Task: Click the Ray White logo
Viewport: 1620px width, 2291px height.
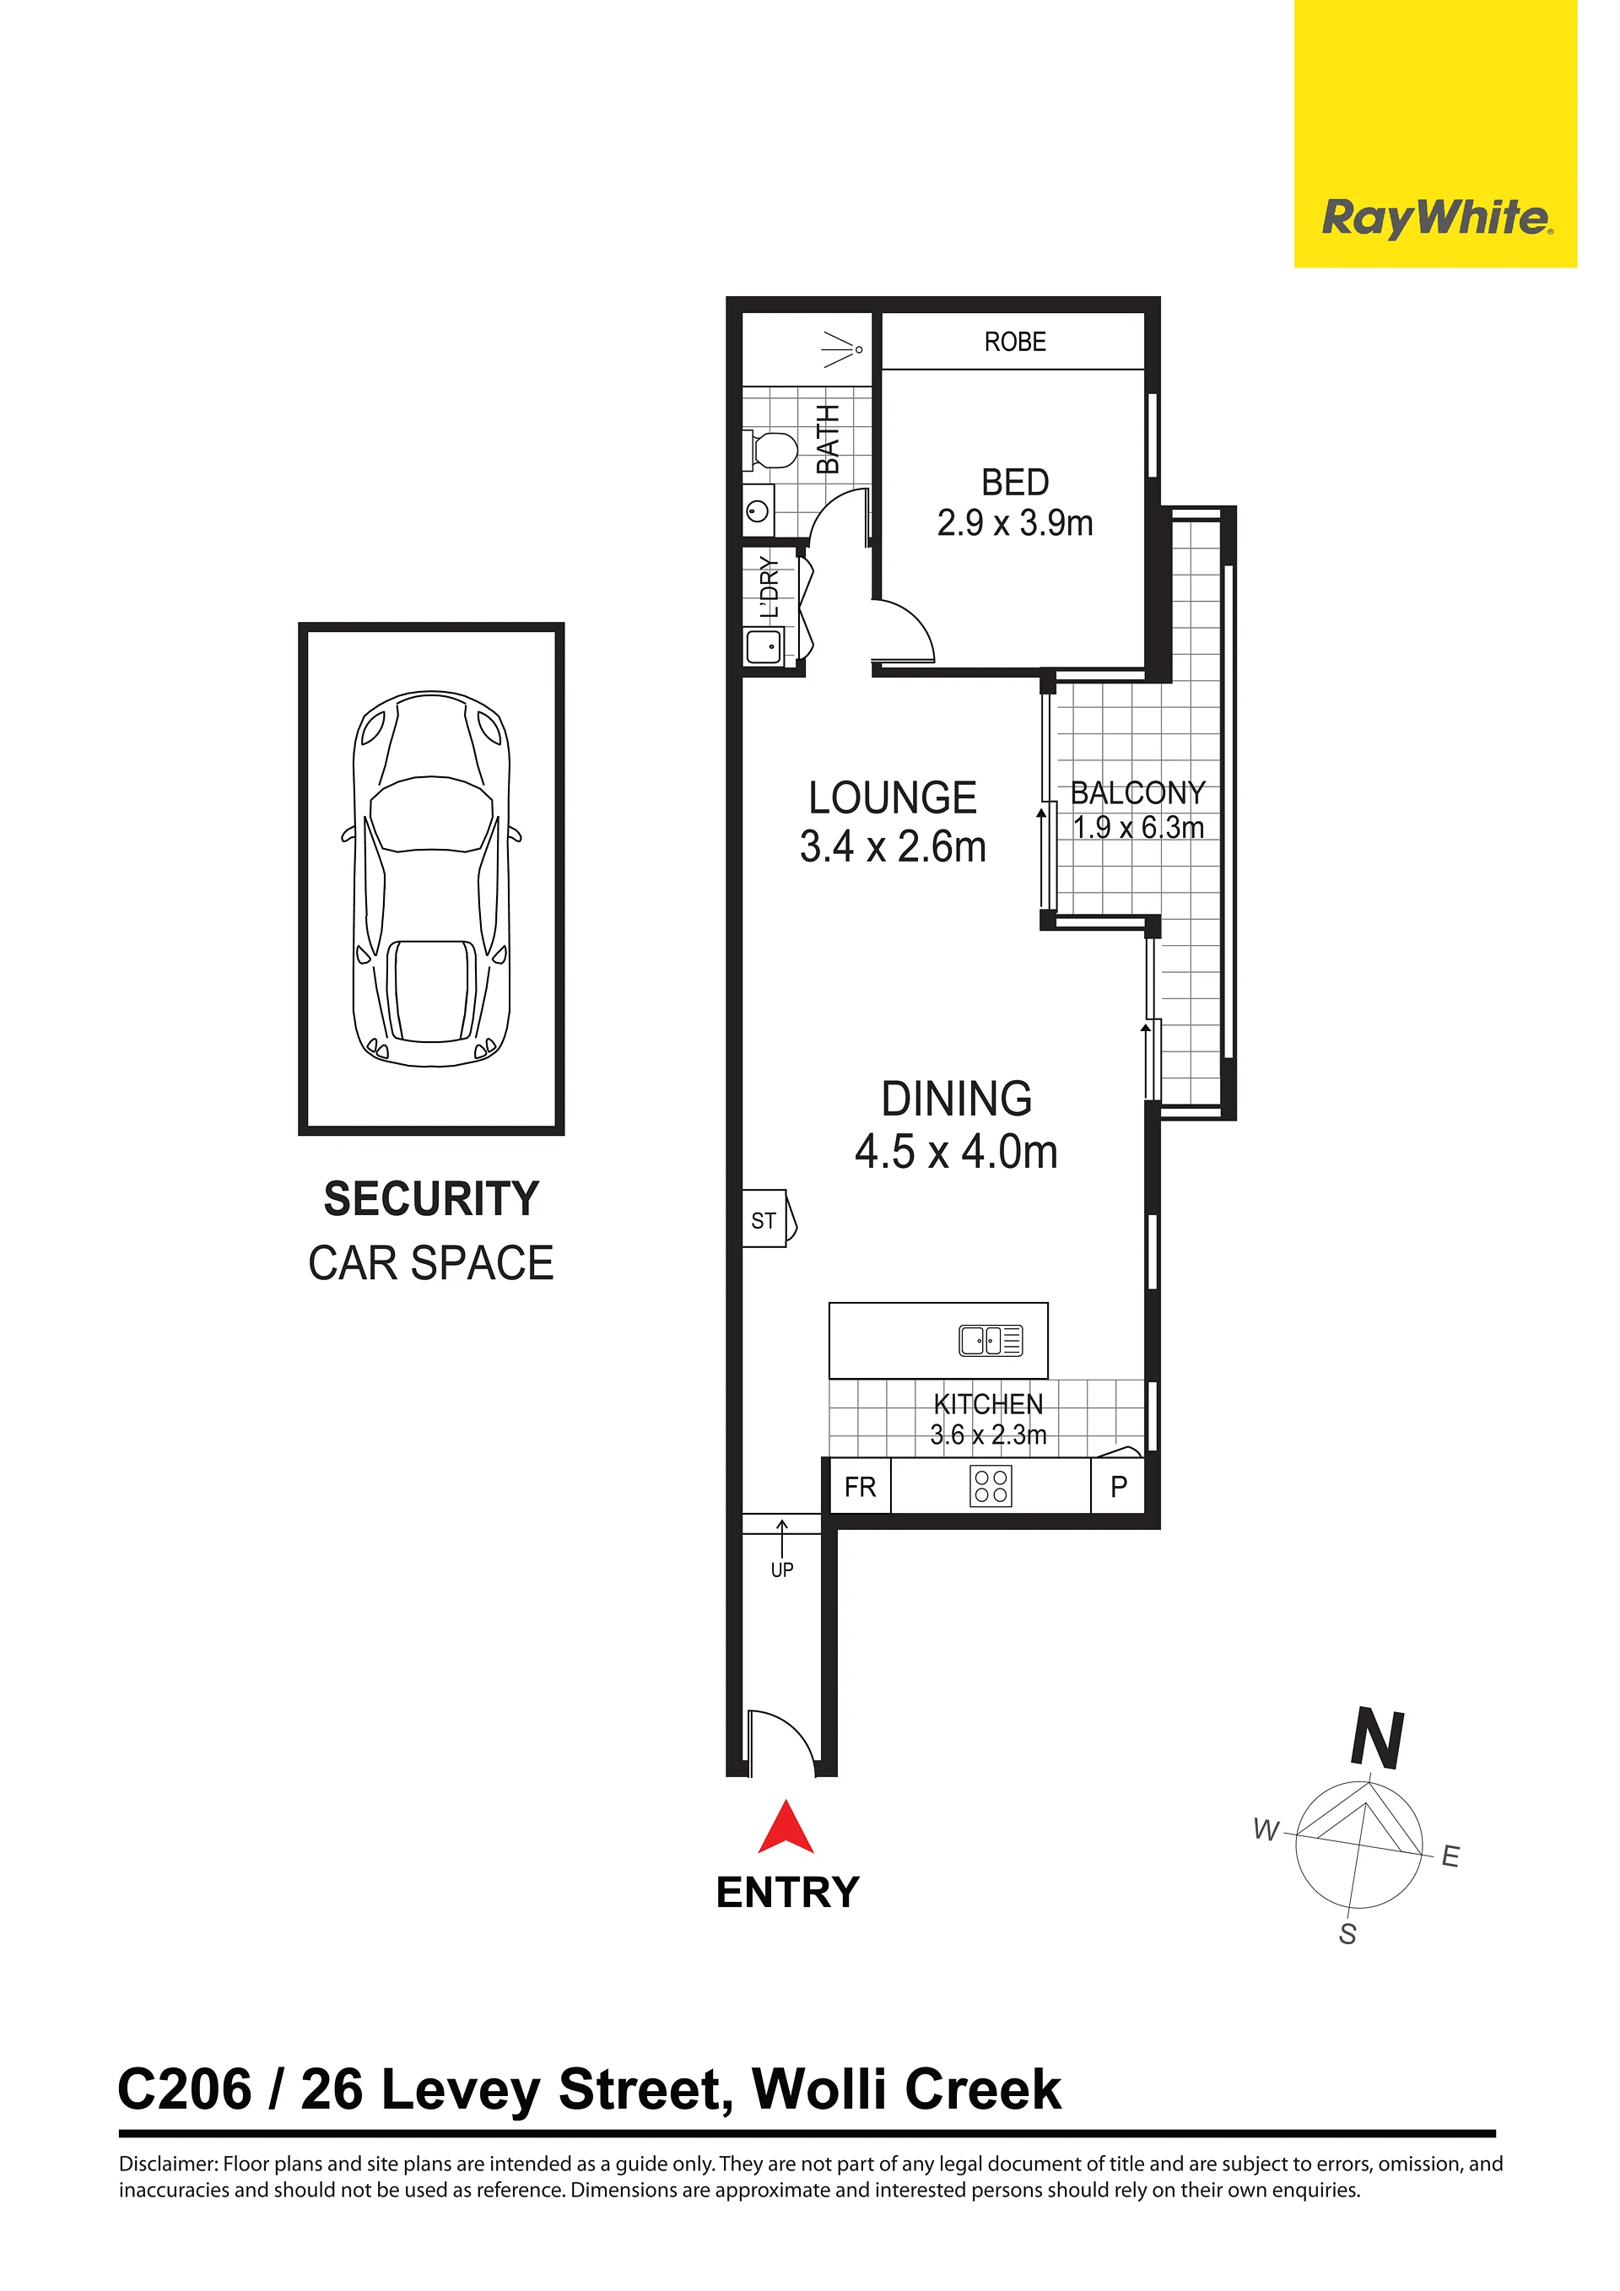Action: tap(1435, 219)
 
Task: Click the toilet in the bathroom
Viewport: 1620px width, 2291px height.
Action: tap(770, 450)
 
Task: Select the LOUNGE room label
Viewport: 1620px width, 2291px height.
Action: tap(893, 798)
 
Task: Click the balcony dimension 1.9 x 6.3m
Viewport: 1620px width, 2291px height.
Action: tap(1138, 827)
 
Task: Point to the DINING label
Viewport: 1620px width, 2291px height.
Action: tap(957, 1099)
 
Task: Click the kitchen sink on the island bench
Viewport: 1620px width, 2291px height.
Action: tap(991, 1340)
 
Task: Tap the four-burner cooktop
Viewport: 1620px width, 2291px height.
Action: tap(991, 1486)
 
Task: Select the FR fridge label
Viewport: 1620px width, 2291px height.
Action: tap(860, 1487)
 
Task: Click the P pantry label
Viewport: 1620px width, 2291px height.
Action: tap(1120, 1487)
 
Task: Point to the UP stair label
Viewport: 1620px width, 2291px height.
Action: tap(782, 1570)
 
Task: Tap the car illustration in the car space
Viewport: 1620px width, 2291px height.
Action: tap(432, 878)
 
